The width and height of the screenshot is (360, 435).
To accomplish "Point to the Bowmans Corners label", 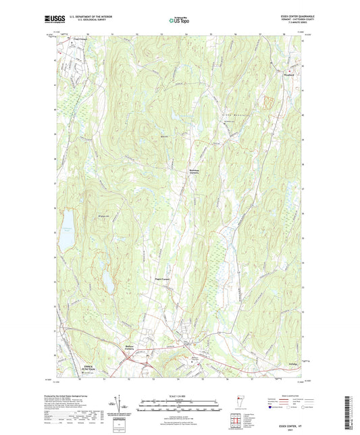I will coord(193,172).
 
